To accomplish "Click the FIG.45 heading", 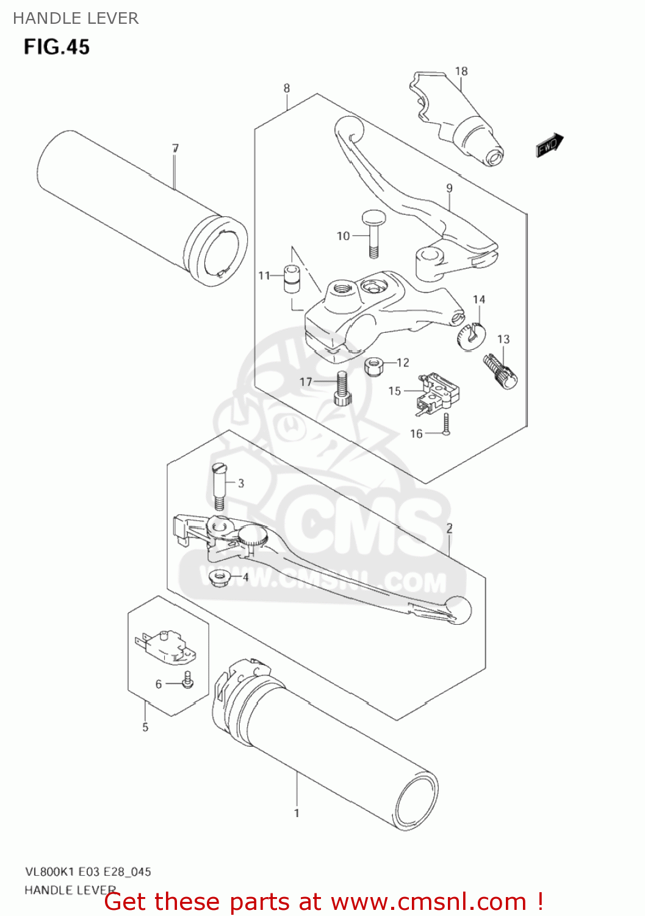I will pyautogui.click(x=57, y=47).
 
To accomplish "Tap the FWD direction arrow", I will pyautogui.click(x=549, y=145).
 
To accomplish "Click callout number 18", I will pyautogui.click(x=461, y=71).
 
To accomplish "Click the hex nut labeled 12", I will pyautogui.click(x=373, y=366).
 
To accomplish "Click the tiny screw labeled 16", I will pyautogui.click(x=447, y=425).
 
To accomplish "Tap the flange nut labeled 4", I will pyautogui.click(x=218, y=577).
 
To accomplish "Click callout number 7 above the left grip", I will pyautogui.click(x=175, y=148).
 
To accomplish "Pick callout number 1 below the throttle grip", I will pyautogui.click(x=297, y=813).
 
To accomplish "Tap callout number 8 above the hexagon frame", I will pyautogui.click(x=287, y=89).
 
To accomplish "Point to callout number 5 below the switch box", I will pyautogui.click(x=145, y=727).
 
